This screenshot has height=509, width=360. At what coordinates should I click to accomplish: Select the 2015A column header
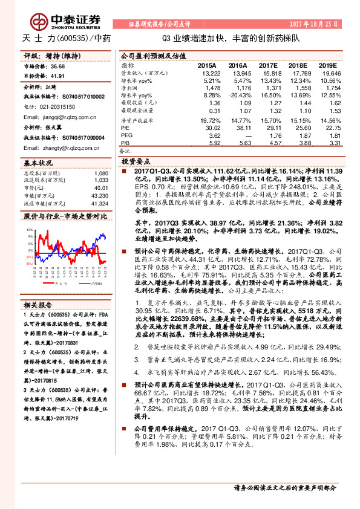click(x=207, y=64)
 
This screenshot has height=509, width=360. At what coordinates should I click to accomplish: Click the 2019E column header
click(x=327, y=64)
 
